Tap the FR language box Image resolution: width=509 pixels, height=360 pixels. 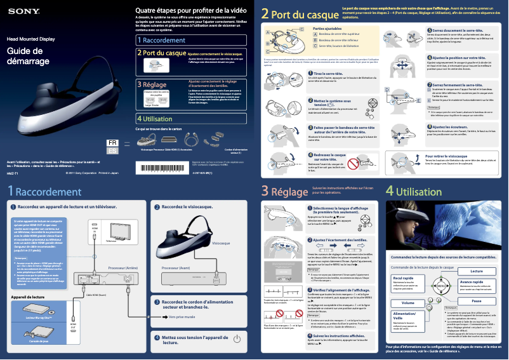[112, 143]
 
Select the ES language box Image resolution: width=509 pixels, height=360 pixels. [112, 152]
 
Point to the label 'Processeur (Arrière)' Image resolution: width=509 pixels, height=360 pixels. [122, 269]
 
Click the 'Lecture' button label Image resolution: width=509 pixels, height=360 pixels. [475, 272]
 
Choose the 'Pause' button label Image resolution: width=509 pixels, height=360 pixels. [476, 300]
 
